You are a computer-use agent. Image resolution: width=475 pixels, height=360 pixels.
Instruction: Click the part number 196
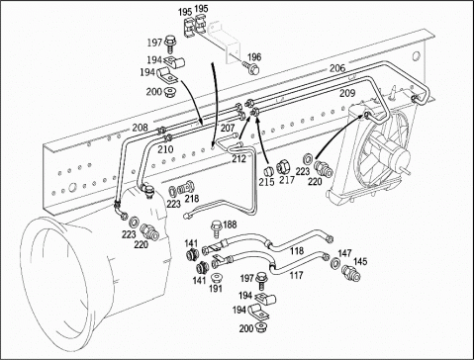pos(254,56)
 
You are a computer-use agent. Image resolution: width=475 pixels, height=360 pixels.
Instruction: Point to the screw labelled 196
pos(252,68)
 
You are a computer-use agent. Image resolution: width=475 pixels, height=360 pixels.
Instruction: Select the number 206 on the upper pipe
pos(337,68)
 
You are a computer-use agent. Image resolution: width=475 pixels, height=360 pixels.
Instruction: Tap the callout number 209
pos(347,93)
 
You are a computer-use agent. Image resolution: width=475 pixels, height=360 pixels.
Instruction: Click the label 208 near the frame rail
pos(141,128)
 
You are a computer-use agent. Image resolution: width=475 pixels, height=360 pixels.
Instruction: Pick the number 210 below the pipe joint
pos(165,149)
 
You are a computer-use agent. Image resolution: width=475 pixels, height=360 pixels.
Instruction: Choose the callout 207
pos(228,128)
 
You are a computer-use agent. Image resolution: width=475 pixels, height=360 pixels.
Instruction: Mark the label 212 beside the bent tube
pos(238,159)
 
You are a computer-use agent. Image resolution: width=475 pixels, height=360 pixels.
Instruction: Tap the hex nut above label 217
pos(283,166)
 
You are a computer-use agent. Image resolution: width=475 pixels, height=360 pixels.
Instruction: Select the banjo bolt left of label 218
pos(185,189)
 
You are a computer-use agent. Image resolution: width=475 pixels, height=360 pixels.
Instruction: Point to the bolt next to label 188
pos(216,227)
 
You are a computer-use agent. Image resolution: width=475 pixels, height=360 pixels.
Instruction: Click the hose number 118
pos(297,251)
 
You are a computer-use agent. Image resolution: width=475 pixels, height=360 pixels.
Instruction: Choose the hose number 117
pos(296,275)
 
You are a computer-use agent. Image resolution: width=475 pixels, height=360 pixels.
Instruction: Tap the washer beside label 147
pos(335,263)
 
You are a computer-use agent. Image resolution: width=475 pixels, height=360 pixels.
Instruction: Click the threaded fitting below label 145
pos(351,273)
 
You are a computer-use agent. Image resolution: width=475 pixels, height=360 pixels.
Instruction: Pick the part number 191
pos(216,289)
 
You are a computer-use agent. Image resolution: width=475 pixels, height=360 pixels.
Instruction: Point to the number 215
pos(266,182)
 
